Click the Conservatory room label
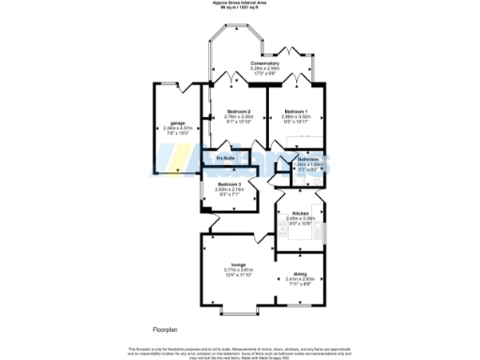(x=265, y=63)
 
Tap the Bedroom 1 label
(x=296, y=111)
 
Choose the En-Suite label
(x=225, y=158)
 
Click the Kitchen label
(x=300, y=213)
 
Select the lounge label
(x=238, y=265)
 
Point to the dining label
(x=300, y=273)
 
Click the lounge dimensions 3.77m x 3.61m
(x=238, y=271)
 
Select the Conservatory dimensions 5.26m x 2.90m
(x=265, y=68)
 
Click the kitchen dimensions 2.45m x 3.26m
(x=300, y=218)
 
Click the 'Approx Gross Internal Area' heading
(x=239, y=4)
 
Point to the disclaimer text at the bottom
(x=239, y=352)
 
